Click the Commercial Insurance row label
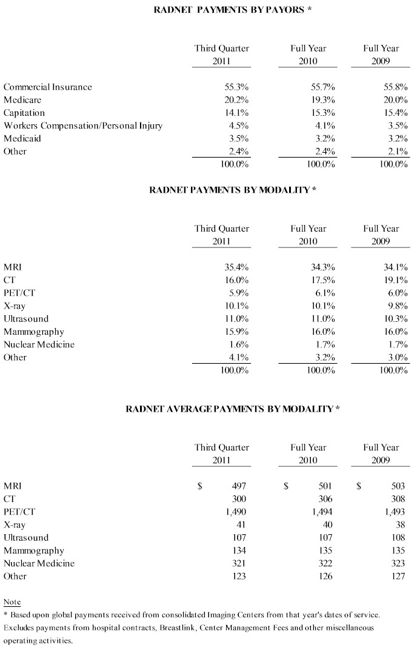coord(48,87)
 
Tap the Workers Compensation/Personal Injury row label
coord(84,126)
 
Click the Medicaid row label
coord(24,138)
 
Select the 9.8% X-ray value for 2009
coord(397,306)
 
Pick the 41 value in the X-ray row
coord(241,524)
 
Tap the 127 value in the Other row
coord(398,576)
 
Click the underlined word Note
coord(12,602)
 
